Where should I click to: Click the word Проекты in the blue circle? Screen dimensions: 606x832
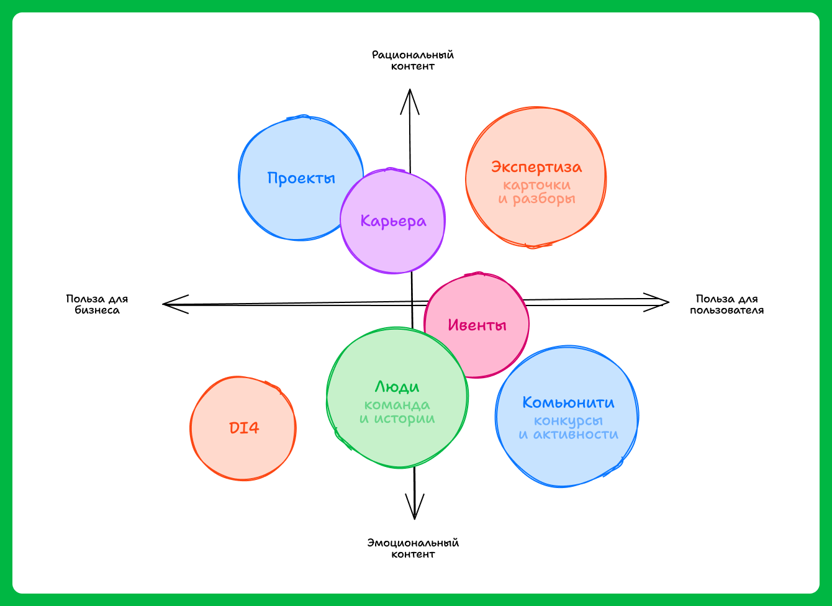[301, 178]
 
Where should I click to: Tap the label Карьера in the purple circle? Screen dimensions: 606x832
[394, 221]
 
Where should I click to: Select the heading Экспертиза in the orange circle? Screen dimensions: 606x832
[536, 167]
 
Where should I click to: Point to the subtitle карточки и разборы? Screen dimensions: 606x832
[536, 192]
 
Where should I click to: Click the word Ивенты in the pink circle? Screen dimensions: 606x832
[477, 325]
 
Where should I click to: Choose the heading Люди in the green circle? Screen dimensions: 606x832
[397, 387]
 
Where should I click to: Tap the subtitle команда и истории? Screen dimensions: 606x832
[397, 412]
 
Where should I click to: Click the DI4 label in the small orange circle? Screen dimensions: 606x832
[244, 428]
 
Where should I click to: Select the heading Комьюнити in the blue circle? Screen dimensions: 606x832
[568, 402]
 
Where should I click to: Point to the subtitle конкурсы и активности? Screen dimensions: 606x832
[568, 428]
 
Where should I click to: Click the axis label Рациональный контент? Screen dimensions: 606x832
[413, 60]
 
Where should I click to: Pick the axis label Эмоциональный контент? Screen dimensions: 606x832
[413, 548]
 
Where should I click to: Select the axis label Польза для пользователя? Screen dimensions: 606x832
[726, 304]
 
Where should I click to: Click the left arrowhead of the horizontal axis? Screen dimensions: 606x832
[166, 304]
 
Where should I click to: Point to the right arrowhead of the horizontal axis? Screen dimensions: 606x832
[665, 302]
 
